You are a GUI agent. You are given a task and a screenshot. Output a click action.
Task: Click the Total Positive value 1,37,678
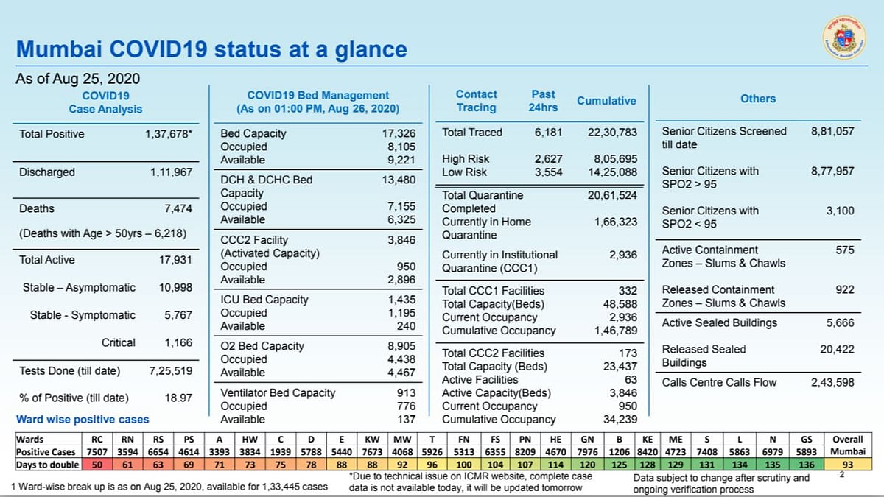point(169,134)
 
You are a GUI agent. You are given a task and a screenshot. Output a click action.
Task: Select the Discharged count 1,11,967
point(171,172)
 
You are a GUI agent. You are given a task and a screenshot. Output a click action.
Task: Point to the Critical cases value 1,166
point(178,342)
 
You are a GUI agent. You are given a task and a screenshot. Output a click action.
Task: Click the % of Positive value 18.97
point(178,398)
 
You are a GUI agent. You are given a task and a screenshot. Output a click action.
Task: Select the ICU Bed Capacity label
point(264,300)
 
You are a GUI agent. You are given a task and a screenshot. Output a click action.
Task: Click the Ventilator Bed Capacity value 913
point(406,393)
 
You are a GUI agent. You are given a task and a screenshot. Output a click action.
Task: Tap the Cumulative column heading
point(606,101)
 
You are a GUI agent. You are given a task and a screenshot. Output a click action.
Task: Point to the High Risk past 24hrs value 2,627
point(547,159)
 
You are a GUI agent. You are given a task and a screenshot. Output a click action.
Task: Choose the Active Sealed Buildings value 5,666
point(840,322)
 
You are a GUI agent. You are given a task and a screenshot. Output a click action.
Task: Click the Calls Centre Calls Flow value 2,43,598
point(832,382)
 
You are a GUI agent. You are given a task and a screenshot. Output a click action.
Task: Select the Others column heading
point(757,99)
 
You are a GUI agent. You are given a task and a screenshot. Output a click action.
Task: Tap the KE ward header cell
point(648,439)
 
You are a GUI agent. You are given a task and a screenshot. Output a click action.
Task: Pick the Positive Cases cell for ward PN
point(525,451)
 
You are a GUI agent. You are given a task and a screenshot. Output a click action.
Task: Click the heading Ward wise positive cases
point(83,420)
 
